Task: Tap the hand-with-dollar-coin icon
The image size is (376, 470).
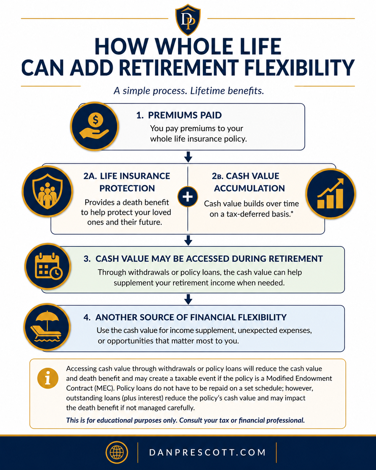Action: [x=94, y=126]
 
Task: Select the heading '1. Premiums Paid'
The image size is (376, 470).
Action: [x=179, y=115]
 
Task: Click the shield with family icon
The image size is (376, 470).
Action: [x=47, y=191]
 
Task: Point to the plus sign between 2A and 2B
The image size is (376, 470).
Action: [x=188, y=196]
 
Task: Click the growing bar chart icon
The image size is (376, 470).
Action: [x=330, y=193]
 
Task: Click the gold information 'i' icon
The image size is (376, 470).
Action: [x=48, y=378]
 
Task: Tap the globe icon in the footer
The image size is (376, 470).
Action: [x=117, y=452]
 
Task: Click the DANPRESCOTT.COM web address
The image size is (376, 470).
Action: [x=207, y=453]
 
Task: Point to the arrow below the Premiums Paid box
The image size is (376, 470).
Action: [x=188, y=157]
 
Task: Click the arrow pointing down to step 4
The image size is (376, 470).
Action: [x=188, y=299]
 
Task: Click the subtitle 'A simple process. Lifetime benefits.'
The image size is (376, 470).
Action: [x=189, y=91]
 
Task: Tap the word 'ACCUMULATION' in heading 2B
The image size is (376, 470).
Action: [x=249, y=188]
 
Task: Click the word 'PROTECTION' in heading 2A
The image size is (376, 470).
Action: [x=127, y=188]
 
